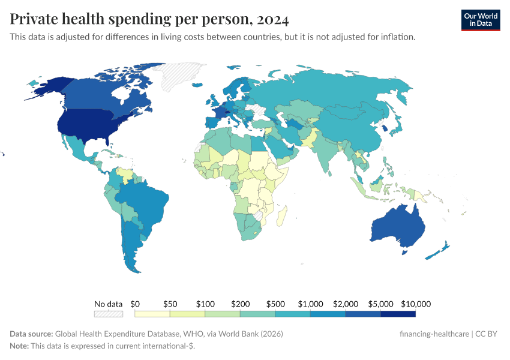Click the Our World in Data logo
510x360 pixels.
pos(481,20)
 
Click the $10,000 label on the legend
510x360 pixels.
pos(416,304)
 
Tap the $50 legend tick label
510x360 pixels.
pos(170,304)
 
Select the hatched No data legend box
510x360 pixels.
pos(109,314)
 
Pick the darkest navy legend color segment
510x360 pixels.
pos(398,314)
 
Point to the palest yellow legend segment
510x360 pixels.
pos(152,314)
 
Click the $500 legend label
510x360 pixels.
pos(275,304)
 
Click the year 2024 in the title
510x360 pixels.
pos(272,20)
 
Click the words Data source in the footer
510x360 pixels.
pos(32,334)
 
